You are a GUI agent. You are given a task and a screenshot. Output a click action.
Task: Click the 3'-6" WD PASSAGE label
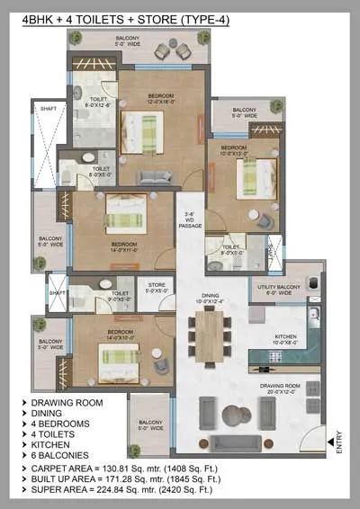189,219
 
